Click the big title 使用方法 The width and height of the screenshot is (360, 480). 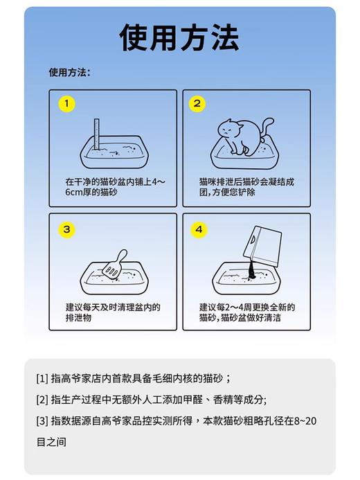(x=179, y=36)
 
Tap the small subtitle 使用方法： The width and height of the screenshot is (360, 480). (x=69, y=71)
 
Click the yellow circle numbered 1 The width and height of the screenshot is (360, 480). (x=66, y=105)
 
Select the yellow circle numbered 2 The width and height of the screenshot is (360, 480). (x=197, y=105)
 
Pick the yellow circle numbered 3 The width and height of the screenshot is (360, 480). (x=66, y=229)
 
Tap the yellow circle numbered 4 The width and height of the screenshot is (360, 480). (x=199, y=229)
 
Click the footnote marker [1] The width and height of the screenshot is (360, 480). (x=42, y=379)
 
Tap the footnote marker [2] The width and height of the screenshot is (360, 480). (x=42, y=400)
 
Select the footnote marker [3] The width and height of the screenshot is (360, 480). (x=42, y=420)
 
